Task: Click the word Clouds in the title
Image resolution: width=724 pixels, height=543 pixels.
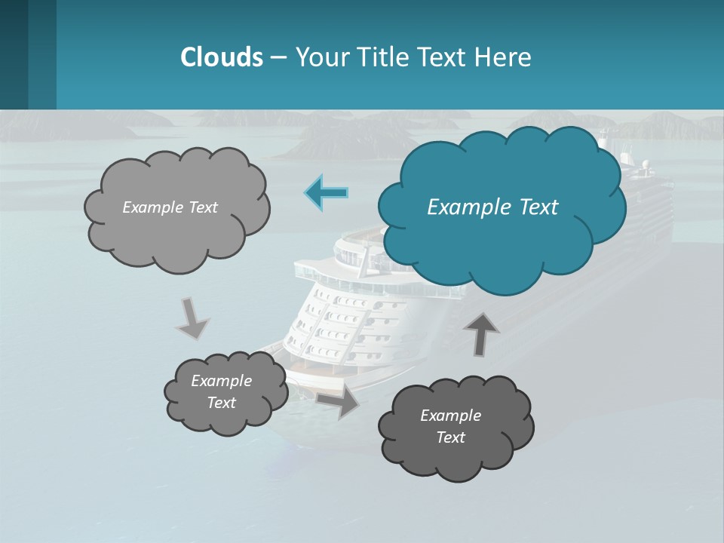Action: pyautogui.click(x=221, y=57)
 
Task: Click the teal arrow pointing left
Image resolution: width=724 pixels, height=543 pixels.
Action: pyautogui.click(x=327, y=192)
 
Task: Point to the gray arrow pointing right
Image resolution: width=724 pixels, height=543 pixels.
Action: pyautogui.click(x=338, y=403)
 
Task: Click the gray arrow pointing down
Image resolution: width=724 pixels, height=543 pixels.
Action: pyautogui.click(x=192, y=318)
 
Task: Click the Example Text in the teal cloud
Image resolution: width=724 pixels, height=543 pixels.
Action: pyautogui.click(x=492, y=207)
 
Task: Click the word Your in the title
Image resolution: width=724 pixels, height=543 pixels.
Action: pyautogui.click(x=320, y=57)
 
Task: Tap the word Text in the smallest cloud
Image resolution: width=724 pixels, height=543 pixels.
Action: pyautogui.click(x=222, y=403)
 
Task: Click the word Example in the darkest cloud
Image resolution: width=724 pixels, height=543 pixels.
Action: pyautogui.click(x=450, y=416)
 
